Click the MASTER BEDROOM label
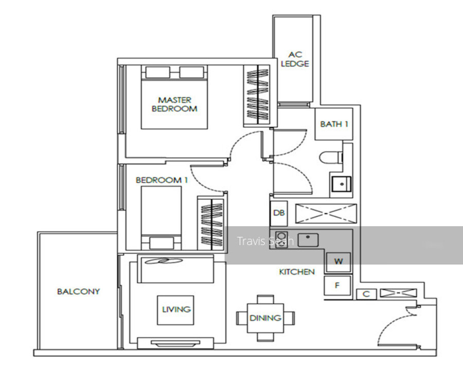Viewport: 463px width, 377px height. point(174,105)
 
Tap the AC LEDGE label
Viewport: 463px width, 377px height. point(295,59)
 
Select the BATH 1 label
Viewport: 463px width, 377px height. point(334,124)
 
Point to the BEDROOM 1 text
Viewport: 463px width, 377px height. point(162,180)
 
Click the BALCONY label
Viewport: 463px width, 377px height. point(78,292)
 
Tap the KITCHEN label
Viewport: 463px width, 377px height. point(297,272)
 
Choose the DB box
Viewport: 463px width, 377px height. point(279,213)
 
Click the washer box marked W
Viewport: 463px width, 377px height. point(339,262)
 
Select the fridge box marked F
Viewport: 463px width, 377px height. point(337,285)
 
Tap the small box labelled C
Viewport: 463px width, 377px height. point(366,294)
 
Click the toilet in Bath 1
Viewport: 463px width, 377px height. point(331,157)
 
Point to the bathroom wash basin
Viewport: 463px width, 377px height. point(342,184)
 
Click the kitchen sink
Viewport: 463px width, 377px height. point(308,240)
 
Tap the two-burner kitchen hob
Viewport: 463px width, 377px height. point(281,239)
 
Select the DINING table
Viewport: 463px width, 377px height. point(265,318)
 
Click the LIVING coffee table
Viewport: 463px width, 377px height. point(176,310)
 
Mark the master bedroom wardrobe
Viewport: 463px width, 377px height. point(257,96)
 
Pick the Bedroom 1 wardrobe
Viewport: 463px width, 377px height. point(211,225)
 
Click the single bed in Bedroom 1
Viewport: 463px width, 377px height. point(161,218)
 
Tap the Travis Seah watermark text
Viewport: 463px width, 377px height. point(265,241)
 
